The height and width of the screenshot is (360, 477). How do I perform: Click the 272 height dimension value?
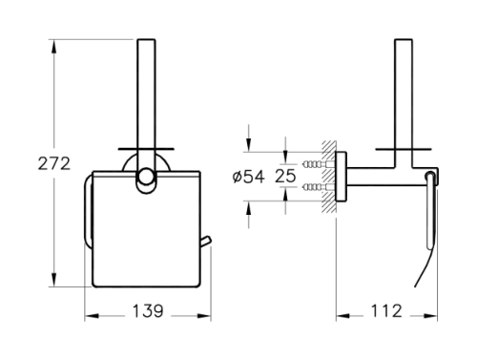53,164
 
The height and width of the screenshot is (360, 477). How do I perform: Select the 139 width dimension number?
147,311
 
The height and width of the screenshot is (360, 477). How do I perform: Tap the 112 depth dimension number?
386,311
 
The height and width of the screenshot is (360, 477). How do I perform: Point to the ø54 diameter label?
248,177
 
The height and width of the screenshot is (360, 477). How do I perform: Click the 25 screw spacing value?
285,176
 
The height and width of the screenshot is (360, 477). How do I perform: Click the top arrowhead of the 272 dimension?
54,47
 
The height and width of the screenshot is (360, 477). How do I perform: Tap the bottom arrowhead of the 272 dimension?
54,280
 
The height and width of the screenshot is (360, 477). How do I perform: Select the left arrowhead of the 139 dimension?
92,316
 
